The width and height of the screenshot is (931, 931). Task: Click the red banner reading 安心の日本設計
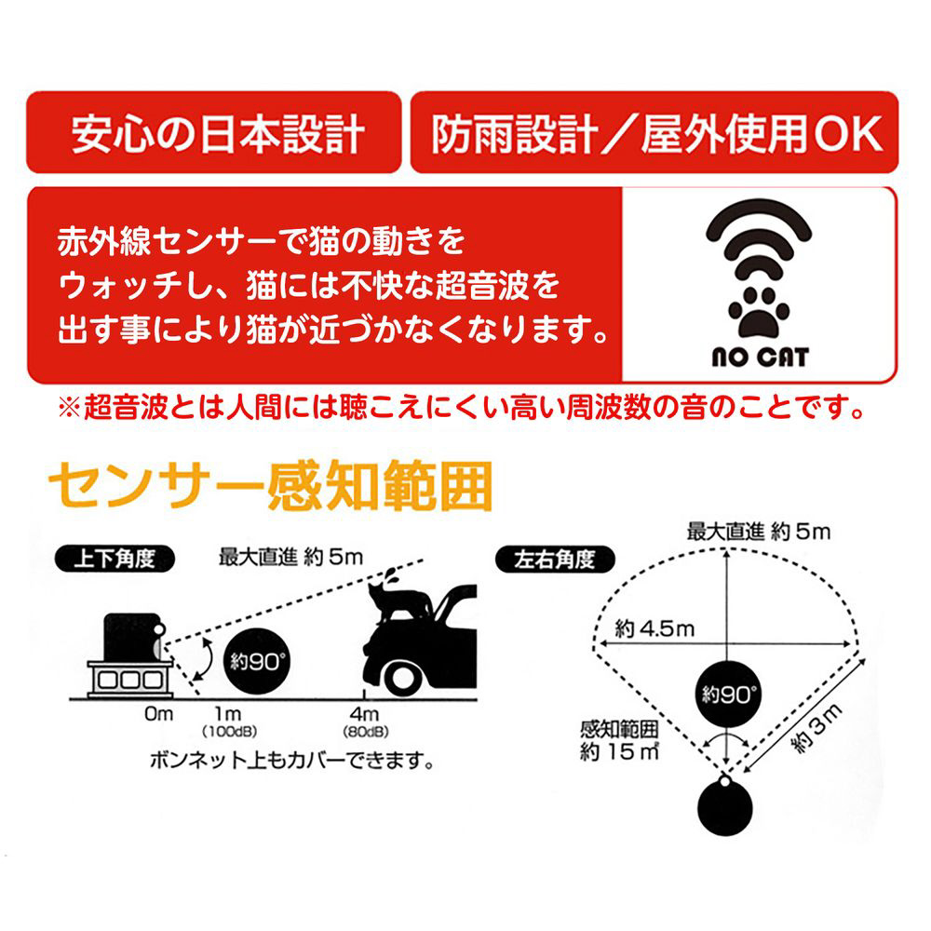(214, 132)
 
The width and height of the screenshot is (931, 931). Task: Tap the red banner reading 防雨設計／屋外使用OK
(654, 132)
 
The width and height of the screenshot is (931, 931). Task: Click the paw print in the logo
(758, 312)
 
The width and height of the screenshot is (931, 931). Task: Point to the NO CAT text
(760, 357)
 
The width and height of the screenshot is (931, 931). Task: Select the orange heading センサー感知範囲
(270, 486)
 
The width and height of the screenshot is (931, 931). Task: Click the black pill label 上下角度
(115, 559)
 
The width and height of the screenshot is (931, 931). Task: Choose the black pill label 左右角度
(555, 560)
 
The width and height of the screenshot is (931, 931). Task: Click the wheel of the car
(402, 679)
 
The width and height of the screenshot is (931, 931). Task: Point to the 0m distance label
(158, 714)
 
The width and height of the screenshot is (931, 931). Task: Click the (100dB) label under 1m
(229, 732)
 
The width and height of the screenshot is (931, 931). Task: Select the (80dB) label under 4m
(366, 732)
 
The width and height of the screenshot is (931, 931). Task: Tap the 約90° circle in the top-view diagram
(728, 694)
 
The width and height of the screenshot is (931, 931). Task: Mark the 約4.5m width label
(654, 628)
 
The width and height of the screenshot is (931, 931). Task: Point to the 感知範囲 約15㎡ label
(619, 740)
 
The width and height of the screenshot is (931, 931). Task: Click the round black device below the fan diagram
(725, 806)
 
